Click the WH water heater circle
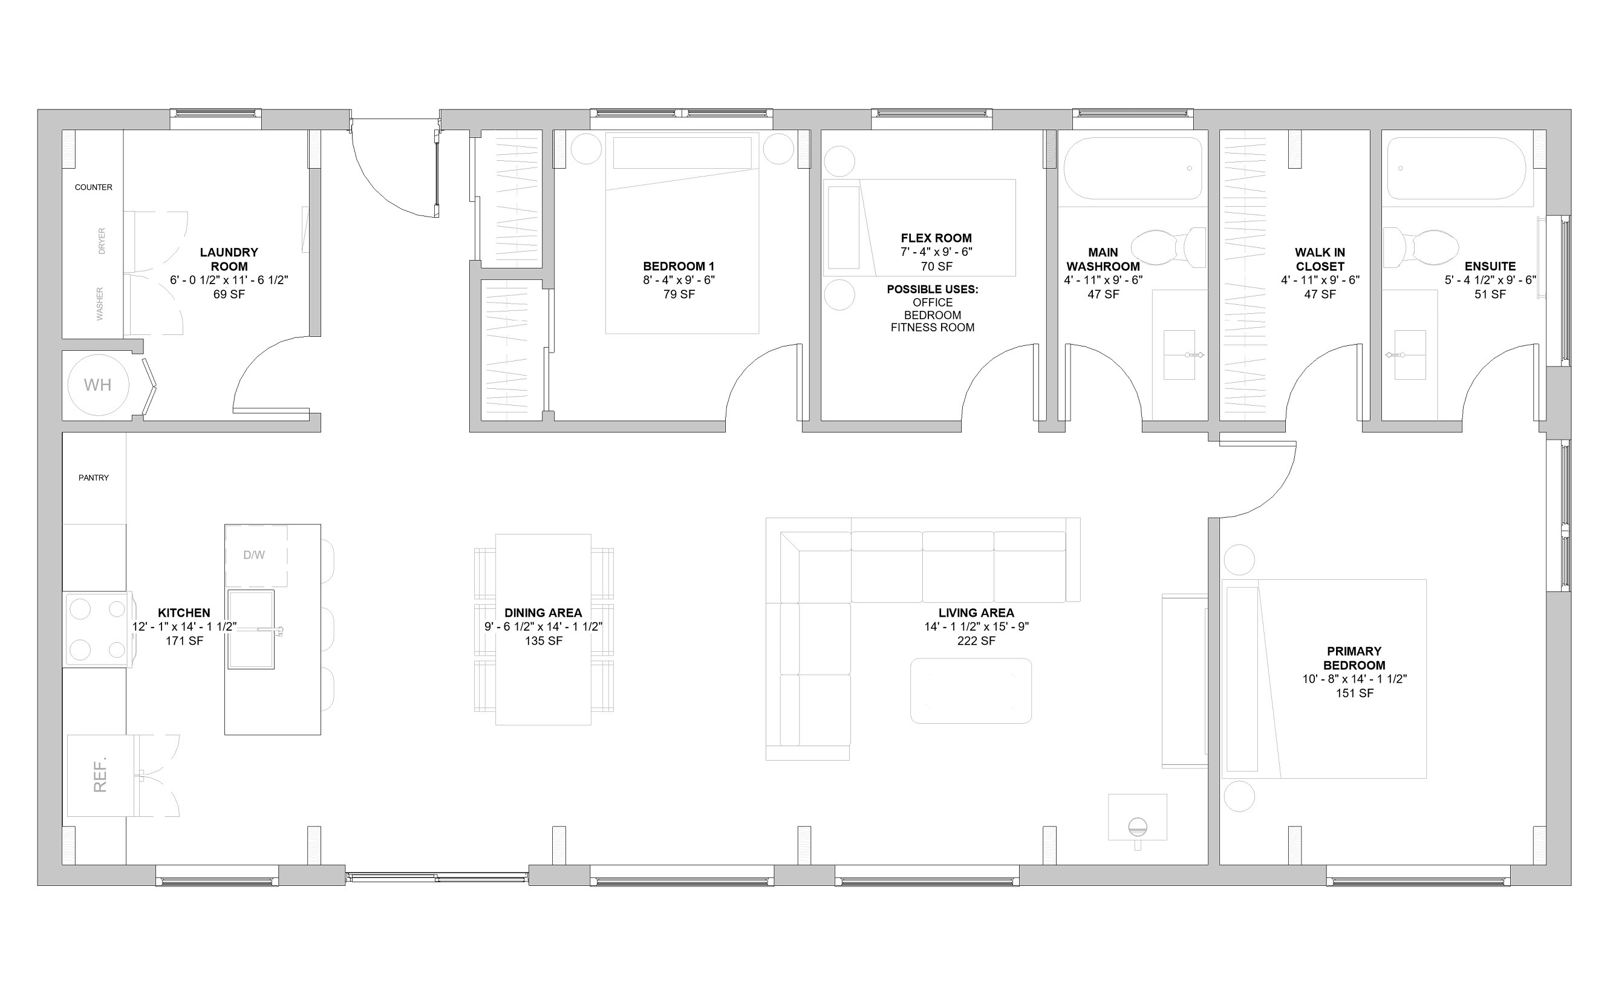[97, 385]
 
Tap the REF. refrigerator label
[100, 775]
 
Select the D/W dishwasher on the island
[256, 555]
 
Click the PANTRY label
[93, 477]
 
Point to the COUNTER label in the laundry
[93, 187]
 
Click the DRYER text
[102, 241]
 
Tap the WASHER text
[100, 304]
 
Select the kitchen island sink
[252, 629]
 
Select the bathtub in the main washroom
[1133, 168]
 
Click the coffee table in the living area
[971, 691]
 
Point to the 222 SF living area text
[976, 641]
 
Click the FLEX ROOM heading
[936, 238]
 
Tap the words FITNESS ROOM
[932, 327]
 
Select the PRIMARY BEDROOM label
[1354, 658]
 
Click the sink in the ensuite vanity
[1410, 355]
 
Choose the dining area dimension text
[544, 626]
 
